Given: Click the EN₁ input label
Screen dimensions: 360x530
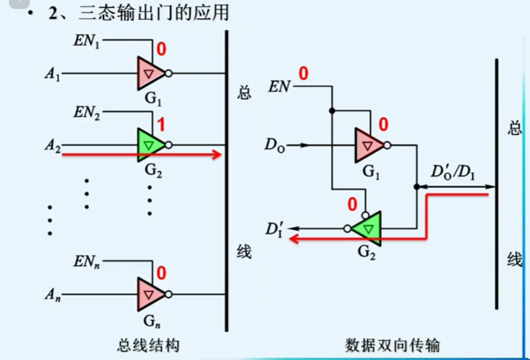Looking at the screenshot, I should pos(86,41).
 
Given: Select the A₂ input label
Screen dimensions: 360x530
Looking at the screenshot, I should pos(52,145).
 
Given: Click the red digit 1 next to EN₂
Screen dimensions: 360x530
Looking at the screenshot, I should pos(161,125).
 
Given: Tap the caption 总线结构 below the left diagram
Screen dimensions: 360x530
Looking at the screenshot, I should pos(148,345).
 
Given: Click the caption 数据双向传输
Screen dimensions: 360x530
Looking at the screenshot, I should pos(392,345).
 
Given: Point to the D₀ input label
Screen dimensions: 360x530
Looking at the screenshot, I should pos(274,145).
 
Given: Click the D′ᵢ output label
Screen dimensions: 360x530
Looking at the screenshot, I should pos(274,229).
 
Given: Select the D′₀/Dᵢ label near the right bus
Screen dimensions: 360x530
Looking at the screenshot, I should pos(453,172).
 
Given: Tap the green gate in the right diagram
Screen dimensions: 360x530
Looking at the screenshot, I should pos(368,229).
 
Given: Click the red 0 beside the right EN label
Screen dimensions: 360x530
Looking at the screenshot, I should pos(303,74).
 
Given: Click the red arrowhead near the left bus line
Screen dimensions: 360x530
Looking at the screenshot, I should pos(217,154).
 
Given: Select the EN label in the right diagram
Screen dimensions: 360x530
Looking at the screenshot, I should pos(279,86).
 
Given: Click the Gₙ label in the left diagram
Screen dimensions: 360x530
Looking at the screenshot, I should pos(152,321).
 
